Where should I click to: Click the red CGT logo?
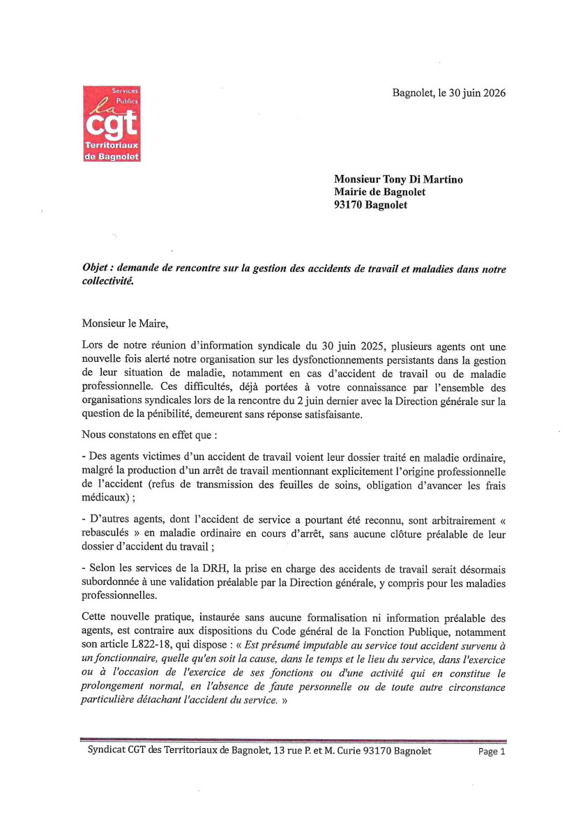(x=112, y=124)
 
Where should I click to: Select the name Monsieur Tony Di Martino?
(x=398, y=180)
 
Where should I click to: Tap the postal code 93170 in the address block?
(x=350, y=205)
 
